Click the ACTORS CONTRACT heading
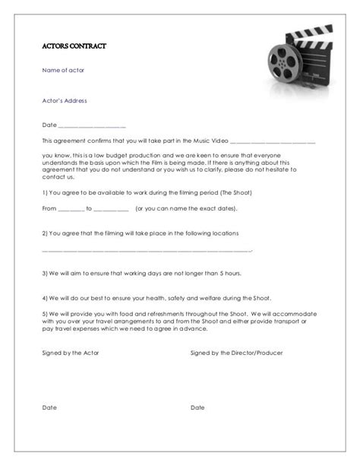[74, 46]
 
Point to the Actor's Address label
[65, 100]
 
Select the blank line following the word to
[111, 208]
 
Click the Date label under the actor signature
[49, 407]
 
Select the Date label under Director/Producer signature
[197, 407]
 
